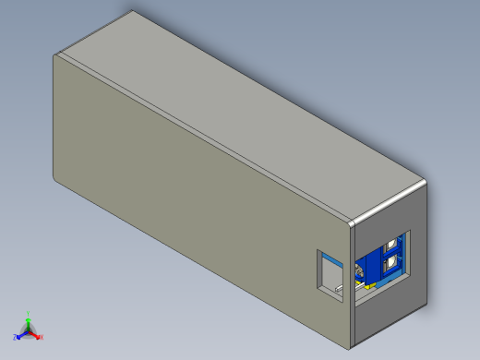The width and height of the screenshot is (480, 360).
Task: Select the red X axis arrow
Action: point(36,333)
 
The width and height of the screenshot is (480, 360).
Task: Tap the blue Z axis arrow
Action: point(21,333)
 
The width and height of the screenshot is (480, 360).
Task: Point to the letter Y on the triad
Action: point(29,313)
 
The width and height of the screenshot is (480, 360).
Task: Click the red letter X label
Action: point(42,337)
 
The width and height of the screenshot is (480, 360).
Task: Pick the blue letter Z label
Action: point(16,337)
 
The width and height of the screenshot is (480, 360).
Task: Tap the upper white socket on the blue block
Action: point(395,246)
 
